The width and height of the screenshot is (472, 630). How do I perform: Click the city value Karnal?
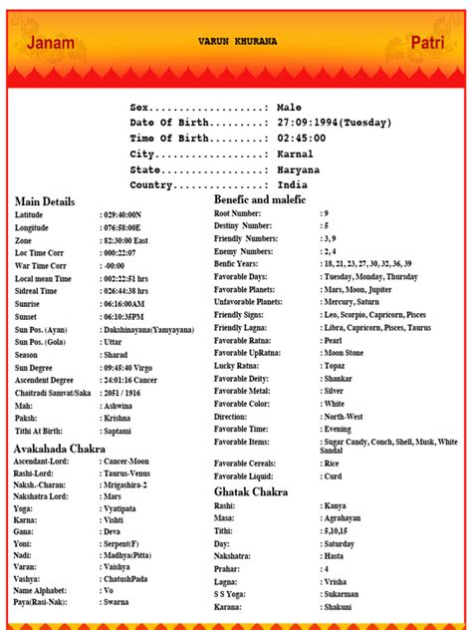click(x=295, y=155)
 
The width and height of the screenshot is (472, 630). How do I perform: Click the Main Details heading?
click(x=45, y=201)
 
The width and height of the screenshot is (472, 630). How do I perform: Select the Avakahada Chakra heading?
click(x=60, y=451)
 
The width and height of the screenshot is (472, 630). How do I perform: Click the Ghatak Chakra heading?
click(x=251, y=491)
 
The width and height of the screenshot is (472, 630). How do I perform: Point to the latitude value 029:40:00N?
click(x=122, y=215)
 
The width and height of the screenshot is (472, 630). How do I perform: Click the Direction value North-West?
click(x=344, y=417)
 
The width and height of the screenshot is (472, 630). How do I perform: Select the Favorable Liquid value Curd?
click(x=332, y=475)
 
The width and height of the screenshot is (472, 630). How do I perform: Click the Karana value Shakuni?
click(x=339, y=607)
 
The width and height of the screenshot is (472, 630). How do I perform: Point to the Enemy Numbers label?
click(x=244, y=252)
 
